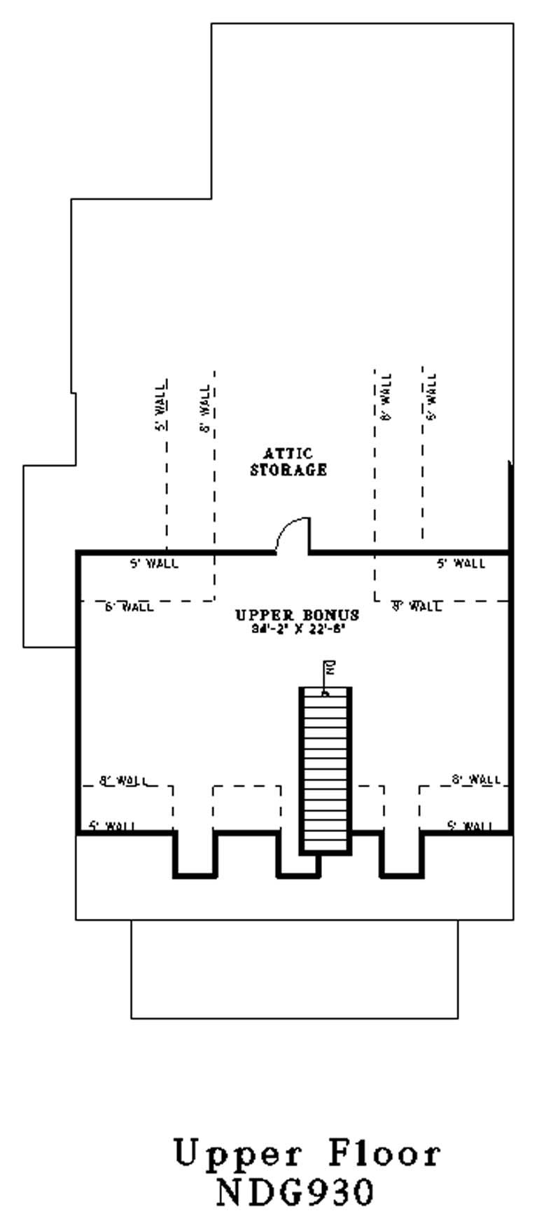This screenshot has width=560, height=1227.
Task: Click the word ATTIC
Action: coord(288,454)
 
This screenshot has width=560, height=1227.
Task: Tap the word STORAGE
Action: coord(288,469)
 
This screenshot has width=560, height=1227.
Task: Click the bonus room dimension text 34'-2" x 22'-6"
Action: coord(298,629)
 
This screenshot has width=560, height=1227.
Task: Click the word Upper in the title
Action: coord(237,1153)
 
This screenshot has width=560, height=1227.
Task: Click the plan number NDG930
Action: coord(295,1193)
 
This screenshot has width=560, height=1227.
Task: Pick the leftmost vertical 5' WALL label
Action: coord(162,405)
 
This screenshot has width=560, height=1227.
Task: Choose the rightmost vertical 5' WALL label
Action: coord(431,396)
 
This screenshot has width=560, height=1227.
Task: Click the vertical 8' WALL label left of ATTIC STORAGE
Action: coord(205,408)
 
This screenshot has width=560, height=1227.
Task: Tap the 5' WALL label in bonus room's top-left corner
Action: coord(154,563)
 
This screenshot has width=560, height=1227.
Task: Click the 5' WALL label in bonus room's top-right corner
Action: coord(461,563)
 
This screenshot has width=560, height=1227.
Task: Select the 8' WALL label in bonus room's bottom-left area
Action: coord(123,779)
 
